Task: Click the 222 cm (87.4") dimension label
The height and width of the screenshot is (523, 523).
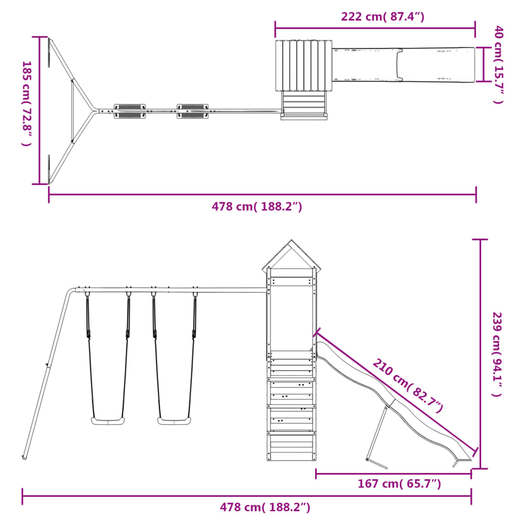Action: pos(383,16)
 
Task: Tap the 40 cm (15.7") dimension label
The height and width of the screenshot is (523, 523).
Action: pos(498,65)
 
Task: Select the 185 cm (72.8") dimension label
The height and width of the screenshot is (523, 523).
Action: pos(27,103)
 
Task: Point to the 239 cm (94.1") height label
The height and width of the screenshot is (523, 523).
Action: pos(497,354)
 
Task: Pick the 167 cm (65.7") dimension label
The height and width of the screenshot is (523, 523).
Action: pos(399,483)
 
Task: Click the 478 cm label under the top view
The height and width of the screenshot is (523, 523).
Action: pos(257,206)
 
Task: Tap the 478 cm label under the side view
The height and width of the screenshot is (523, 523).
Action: pos(265,507)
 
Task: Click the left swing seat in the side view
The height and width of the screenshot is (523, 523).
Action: pos(108,421)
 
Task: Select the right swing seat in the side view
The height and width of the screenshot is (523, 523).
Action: pos(174,421)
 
